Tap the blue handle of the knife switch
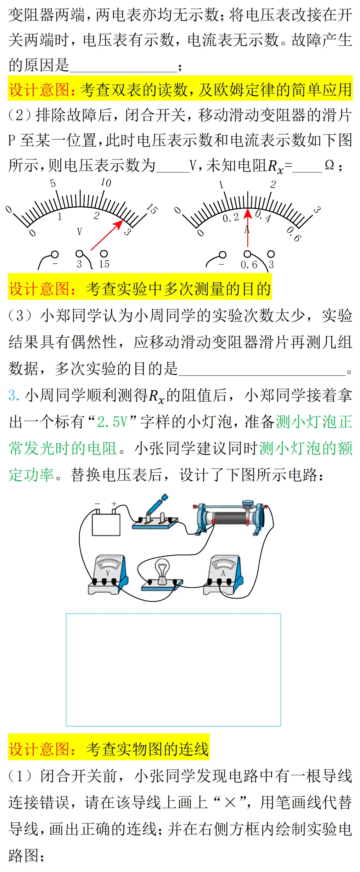163,499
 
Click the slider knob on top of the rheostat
248,504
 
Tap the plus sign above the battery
114,504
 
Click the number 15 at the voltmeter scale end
152,209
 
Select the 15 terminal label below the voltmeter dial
104,264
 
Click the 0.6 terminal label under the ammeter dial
249,265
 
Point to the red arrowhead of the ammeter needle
248,213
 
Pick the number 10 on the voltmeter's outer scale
106,183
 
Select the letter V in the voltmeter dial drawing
79,232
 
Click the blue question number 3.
13,395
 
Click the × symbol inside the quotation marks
230,803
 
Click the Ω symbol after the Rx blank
329,165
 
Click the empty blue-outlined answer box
173,669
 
